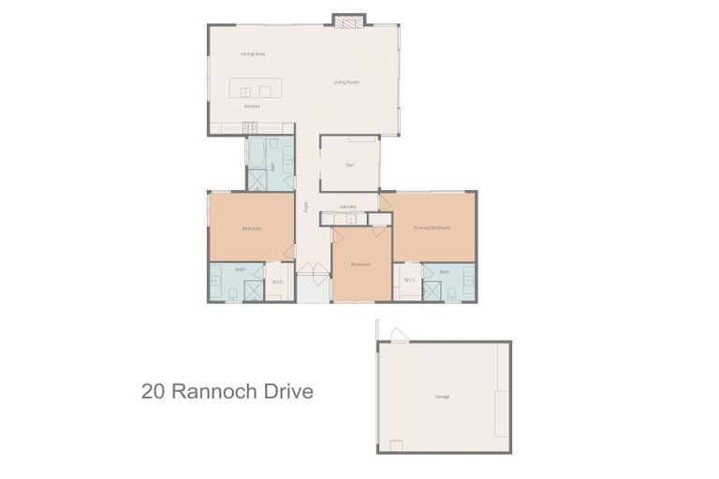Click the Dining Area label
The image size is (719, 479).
[x=253, y=54]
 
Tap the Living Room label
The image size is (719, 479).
[x=346, y=82]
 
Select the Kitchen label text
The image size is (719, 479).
[x=251, y=107]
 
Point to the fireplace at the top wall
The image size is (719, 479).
[x=349, y=20]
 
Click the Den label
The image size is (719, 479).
[x=349, y=166]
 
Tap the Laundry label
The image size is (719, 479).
[x=348, y=206]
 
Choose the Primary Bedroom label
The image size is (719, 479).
[x=433, y=227]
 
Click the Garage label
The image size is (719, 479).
[x=442, y=397]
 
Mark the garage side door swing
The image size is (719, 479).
[x=399, y=334]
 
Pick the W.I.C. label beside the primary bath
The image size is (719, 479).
[x=409, y=280]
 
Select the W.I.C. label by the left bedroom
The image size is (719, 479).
[x=277, y=282]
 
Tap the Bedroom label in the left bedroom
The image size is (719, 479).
[x=251, y=228]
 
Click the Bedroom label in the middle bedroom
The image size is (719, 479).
[x=360, y=265]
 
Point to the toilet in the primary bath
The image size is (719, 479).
[x=451, y=294]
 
